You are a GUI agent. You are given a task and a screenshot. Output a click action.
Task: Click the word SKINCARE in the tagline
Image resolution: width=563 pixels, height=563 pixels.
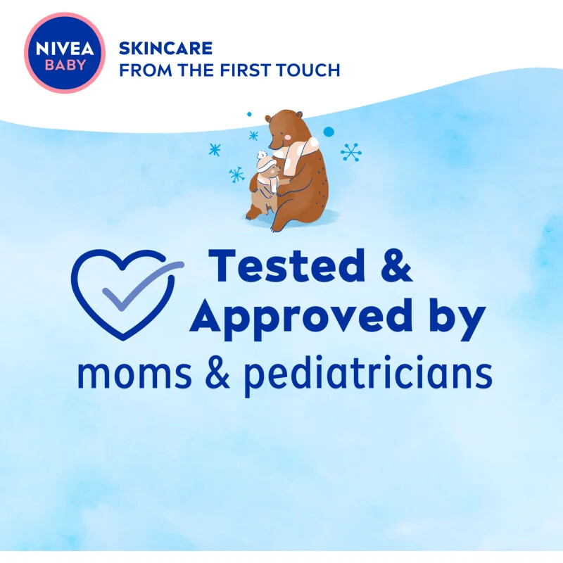pos(165,49)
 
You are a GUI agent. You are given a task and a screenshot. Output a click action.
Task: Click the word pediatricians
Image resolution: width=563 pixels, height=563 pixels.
pos(367,375)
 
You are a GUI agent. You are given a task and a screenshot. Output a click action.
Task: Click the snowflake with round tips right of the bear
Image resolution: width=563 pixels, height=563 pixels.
pos(350,153)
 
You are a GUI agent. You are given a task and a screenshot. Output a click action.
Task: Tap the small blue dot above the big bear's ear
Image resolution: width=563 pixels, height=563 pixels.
pos(248,113)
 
